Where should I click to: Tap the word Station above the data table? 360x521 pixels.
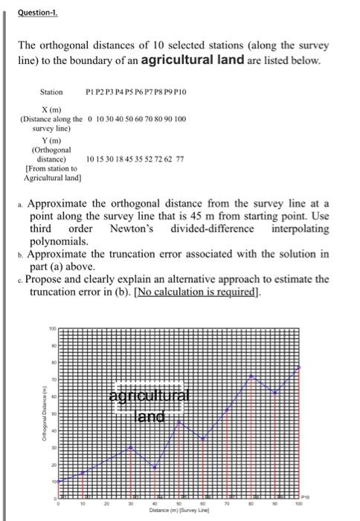coord(51,92)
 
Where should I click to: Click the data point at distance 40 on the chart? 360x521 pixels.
coord(155,467)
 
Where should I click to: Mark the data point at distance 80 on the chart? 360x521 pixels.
coord(251,376)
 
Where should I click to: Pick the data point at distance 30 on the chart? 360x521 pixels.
coord(131,447)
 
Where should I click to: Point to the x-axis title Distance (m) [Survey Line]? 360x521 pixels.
coord(179,510)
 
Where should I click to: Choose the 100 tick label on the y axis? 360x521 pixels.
coord(53,328)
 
